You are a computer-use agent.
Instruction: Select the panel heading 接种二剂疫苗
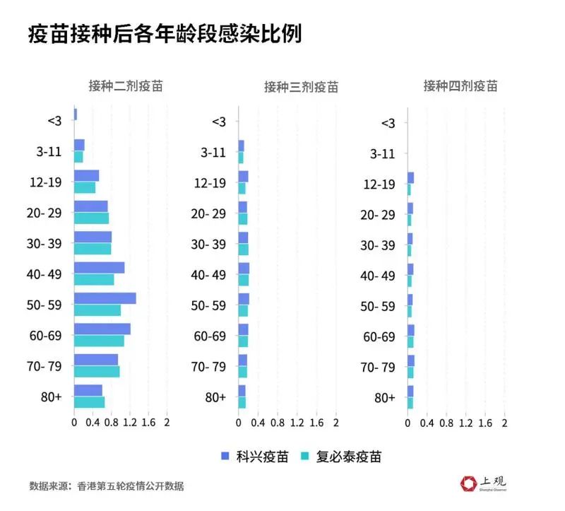126,86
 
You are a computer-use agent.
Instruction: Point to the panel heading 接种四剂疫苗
460,86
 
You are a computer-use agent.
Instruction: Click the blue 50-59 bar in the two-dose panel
105,298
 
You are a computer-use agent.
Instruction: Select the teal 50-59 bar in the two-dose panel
97,310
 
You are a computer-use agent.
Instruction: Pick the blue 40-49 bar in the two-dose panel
99,268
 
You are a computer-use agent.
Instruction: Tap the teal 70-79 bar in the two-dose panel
97,371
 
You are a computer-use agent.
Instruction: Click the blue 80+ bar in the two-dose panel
88,390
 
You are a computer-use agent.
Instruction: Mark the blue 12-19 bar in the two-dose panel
86,176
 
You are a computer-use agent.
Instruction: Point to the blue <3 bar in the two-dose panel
76,114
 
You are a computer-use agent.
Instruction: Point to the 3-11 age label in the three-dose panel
213,153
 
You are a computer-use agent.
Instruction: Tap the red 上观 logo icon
469,483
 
